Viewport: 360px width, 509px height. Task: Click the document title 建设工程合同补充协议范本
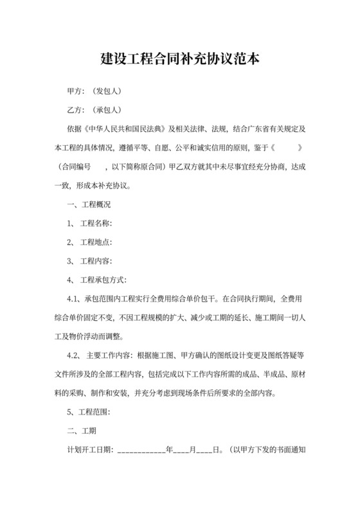180,58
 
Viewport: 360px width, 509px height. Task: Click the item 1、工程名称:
90,224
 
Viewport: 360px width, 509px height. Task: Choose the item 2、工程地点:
90,242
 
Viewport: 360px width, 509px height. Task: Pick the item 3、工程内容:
90,261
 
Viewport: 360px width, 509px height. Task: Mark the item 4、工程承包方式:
97,280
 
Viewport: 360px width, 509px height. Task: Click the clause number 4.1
73,299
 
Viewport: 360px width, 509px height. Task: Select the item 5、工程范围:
90,411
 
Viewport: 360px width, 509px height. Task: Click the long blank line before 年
141,450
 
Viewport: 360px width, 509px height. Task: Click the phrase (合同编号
73,167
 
